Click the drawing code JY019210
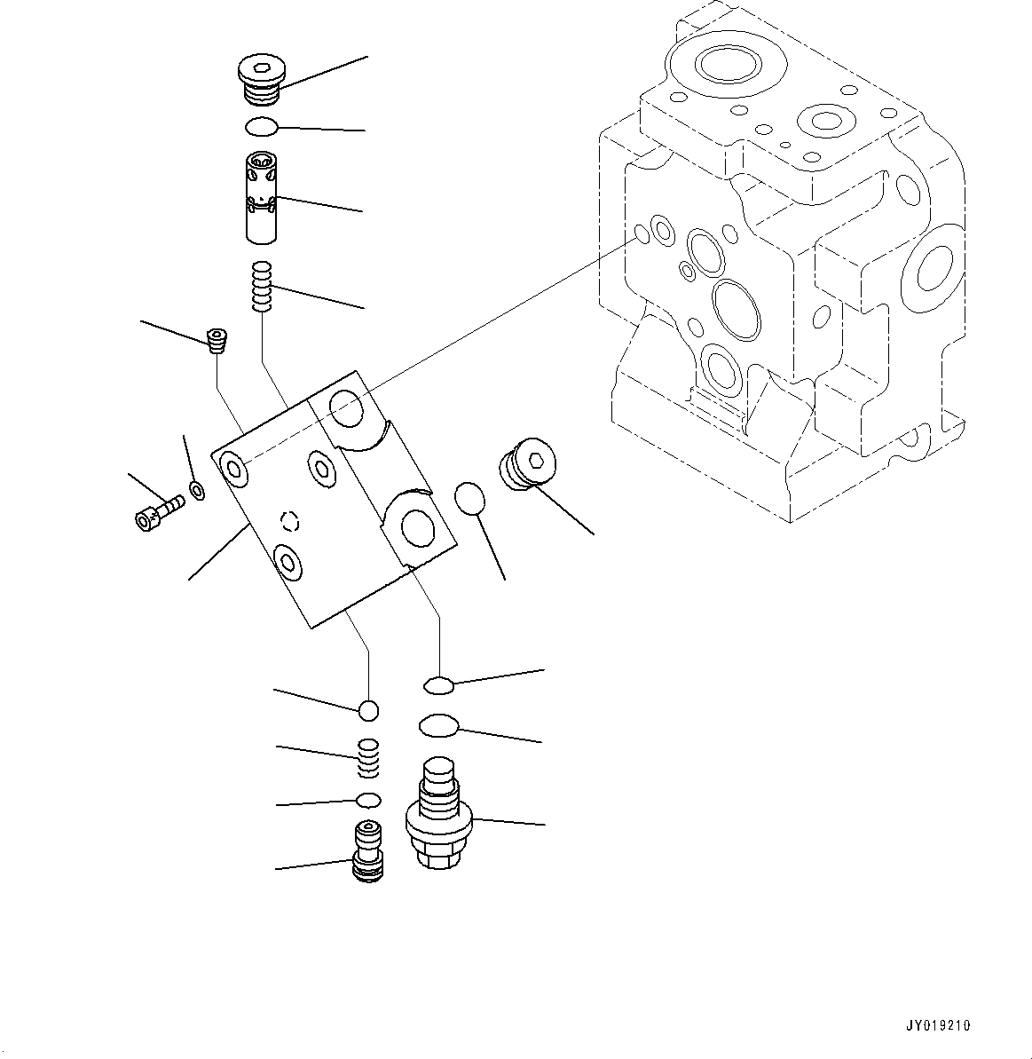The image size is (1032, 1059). click(x=937, y=1025)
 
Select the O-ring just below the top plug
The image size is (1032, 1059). click(x=262, y=128)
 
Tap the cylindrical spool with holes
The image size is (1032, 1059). click(x=264, y=197)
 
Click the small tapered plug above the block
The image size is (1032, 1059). click(x=217, y=340)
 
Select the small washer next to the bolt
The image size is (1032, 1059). click(x=197, y=489)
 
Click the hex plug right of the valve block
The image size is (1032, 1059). click(x=527, y=462)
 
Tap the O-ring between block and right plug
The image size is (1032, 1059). click(x=470, y=498)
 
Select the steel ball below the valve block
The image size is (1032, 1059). click(x=368, y=710)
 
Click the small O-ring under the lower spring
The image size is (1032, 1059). click(x=368, y=800)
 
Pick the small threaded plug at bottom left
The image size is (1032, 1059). click(x=368, y=853)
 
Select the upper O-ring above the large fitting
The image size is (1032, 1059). click(x=438, y=684)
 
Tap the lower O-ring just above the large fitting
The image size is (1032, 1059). click(x=437, y=725)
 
